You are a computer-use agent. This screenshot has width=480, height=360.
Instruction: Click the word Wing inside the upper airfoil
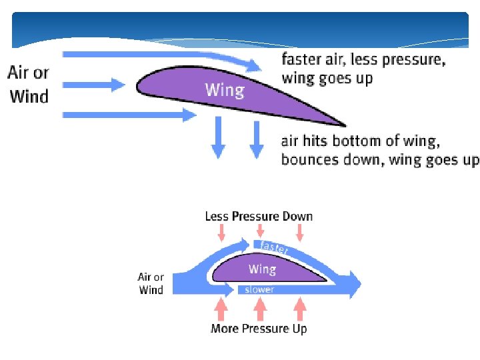[x=225, y=89]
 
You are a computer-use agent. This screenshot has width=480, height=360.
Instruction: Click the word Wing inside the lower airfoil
[x=262, y=269]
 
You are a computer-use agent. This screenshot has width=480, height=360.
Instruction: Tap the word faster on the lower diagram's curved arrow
[x=274, y=247]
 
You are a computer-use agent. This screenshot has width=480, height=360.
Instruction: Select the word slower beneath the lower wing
[x=259, y=290]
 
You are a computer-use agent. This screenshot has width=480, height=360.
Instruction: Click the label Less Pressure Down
[x=259, y=216]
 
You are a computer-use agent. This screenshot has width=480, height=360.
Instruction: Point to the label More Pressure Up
[x=259, y=329]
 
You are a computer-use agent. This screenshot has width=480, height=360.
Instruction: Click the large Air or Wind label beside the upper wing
[x=29, y=84]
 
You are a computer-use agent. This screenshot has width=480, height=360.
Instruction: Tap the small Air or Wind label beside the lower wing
[x=151, y=283]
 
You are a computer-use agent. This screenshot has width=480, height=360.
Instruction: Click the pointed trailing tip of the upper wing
[x=343, y=124]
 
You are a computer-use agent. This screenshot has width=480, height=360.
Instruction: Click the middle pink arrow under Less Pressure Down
[x=261, y=232]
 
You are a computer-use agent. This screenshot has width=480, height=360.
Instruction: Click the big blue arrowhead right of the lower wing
[x=351, y=285]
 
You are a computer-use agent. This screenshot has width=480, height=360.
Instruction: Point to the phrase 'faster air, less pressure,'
[x=363, y=59]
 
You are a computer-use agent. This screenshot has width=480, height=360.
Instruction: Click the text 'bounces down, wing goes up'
[x=379, y=160]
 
